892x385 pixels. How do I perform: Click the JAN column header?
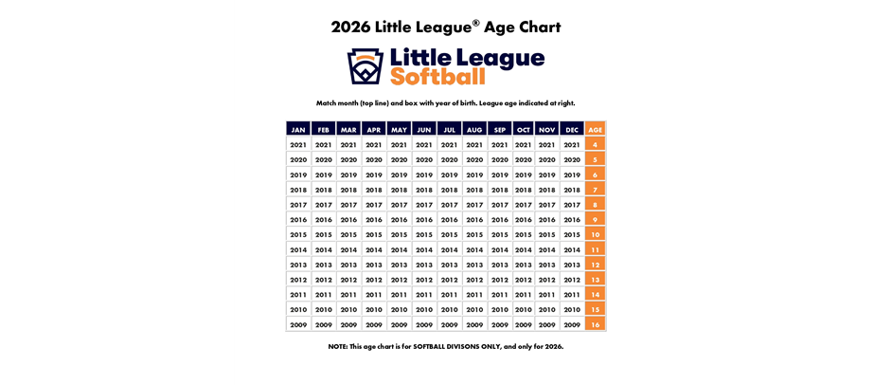point(298,129)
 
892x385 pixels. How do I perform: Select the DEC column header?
point(572,129)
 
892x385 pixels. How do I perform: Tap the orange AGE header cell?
point(595,129)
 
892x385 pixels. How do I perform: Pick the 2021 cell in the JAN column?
point(298,145)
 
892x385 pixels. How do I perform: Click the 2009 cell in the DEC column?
point(572,324)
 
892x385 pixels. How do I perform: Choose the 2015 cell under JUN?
point(424,234)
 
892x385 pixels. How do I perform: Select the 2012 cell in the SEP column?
point(500,280)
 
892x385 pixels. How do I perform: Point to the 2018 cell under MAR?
point(348,190)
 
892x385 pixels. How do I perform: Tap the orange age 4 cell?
point(595,145)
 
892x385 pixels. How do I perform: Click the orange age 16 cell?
point(595,324)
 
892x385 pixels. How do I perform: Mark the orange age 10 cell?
point(595,234)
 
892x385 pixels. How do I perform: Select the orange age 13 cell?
point(595,280)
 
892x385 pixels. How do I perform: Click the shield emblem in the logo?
point(365,66)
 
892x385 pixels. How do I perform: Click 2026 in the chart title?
point(350,27)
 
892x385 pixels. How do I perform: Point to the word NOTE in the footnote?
point(339,346)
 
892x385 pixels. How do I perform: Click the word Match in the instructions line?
point(328,102)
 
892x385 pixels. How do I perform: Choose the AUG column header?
point(474,129)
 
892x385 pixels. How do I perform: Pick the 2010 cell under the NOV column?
point(546,309)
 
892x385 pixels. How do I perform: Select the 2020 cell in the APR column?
point(374,159)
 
